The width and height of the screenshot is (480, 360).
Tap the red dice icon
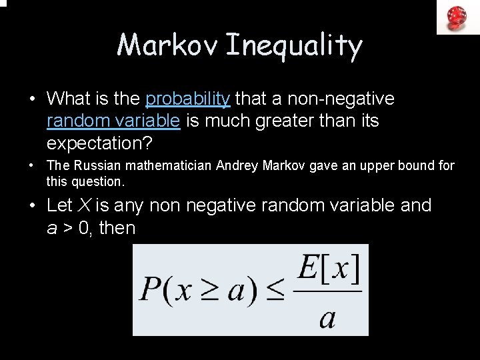click(457, 17)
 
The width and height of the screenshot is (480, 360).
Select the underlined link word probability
click(188, 99)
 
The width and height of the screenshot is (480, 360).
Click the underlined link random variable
click(113, 121)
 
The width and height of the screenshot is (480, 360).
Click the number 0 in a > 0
click(85, 228)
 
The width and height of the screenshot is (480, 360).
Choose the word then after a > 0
click(117, 228)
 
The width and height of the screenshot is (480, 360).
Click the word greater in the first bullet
click(288, 121)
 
